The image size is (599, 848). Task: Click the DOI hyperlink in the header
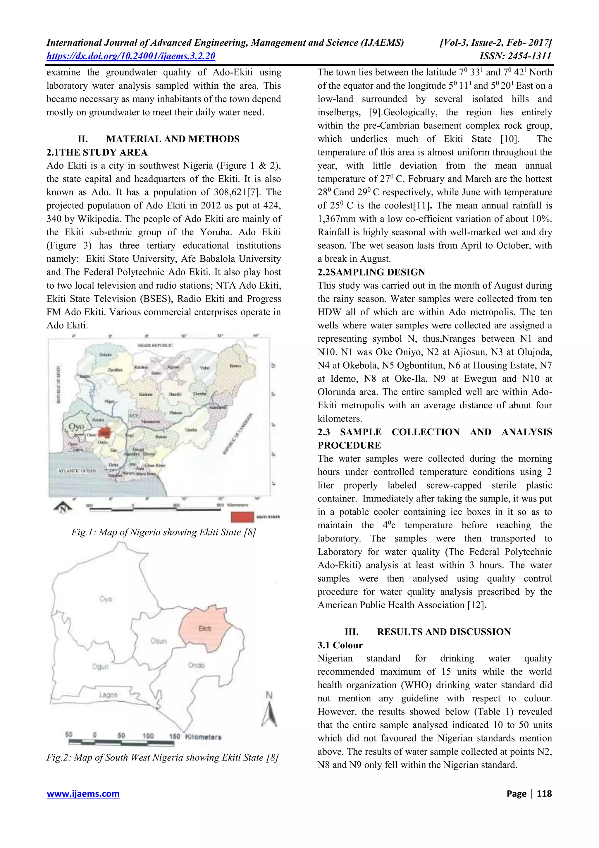[131, 56]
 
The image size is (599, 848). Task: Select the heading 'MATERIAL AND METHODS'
[173, 139]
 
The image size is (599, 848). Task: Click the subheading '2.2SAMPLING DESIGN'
[371, 272]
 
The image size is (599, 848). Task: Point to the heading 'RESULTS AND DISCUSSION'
[444, 632]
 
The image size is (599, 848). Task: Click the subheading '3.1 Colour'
[340, 645]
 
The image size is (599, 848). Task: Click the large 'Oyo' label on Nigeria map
[77, 426]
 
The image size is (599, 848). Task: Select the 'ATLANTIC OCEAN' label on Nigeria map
[78, 471]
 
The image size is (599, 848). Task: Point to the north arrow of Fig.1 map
[63, 509]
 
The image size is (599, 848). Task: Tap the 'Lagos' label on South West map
[108, 695]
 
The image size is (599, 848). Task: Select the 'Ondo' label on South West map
[196, 665]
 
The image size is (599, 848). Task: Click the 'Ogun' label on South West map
[100, 666]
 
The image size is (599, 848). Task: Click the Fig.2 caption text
[162, 758]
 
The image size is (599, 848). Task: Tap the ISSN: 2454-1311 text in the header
[515, 56]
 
